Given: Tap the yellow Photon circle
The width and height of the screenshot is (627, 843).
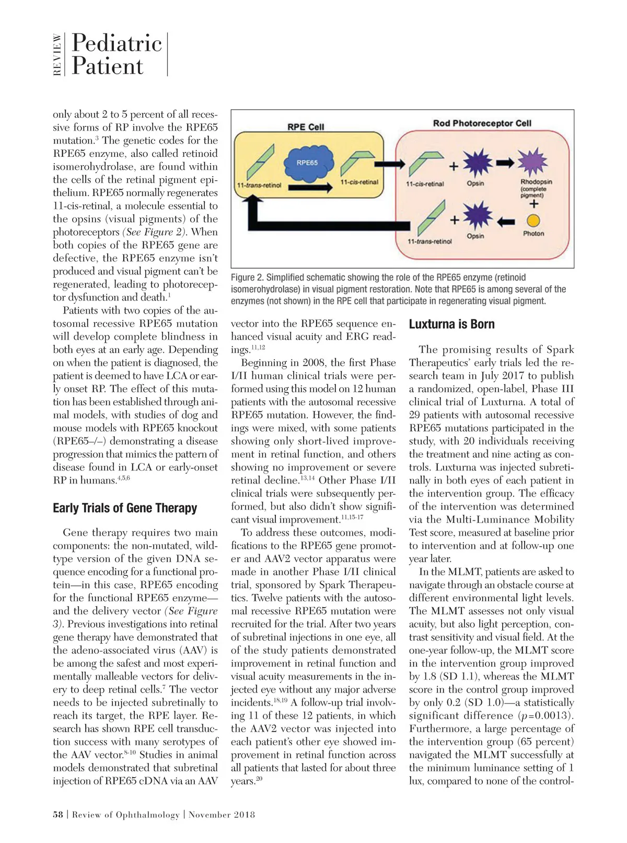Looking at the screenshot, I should coord(533,221).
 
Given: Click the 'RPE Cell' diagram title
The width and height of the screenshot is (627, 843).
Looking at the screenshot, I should coord(306,126).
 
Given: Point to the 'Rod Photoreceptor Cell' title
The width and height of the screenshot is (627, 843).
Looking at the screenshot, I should coord(482,123).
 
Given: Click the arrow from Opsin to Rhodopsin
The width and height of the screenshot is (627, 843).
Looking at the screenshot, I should coord(505,163).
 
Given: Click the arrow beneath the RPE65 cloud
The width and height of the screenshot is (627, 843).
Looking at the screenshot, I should coord(310,188).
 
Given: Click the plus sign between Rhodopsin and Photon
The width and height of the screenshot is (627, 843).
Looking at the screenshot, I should coord(533,204).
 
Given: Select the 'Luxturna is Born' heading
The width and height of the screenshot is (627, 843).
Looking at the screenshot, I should coord(451,324).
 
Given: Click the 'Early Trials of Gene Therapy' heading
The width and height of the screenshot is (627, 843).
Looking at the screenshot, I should coord(125,508).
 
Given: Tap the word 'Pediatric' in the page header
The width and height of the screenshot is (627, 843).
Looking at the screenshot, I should coord(117,43).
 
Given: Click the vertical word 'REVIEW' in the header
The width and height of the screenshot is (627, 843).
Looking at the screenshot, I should coord(57,54).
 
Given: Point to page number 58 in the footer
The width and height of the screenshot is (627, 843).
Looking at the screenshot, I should coord(57,814).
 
